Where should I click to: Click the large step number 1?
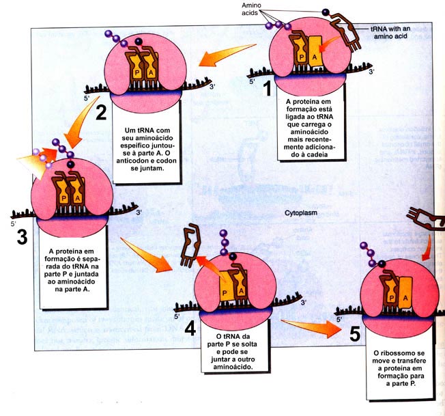coord(267,88)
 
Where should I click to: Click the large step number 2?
coord(101,112)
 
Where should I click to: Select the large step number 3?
coord(22,237)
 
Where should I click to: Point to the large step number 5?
coord(355,334)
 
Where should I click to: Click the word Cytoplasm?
coord(301,213)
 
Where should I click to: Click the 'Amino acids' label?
coord(250,9)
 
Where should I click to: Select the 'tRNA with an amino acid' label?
coord(390,32)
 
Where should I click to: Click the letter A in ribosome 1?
coord(315,57)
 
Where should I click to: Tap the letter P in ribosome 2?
coord(137,73)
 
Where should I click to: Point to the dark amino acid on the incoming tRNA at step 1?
coord(326,12)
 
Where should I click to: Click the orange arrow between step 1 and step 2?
coord(227,55)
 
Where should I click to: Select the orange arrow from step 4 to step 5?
coord(311,328)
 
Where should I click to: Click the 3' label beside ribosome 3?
coord(139,212)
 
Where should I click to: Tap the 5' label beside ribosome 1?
coord(253,81)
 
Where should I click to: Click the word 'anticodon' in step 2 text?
coord(132,161)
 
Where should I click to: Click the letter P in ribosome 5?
coord(392,298)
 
